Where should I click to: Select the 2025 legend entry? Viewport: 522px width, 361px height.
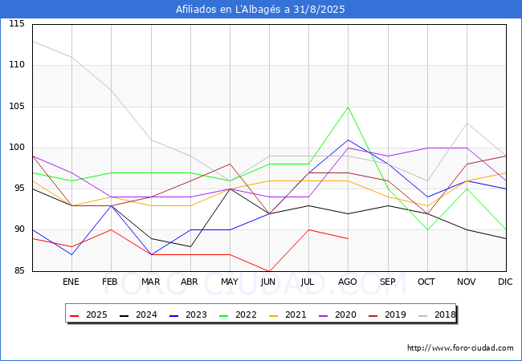[x=88, y=314]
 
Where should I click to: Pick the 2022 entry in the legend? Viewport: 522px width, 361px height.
[x=238, y=314]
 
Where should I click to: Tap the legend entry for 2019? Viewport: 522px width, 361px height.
[x=388, y=314]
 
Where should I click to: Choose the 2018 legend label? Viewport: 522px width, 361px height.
[x=437, y=314]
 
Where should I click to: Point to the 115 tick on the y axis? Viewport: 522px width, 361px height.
[x=17, y=23]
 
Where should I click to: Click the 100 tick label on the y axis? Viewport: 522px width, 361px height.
[x=17, y=148]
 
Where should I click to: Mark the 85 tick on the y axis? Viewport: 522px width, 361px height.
[x=19, y=270]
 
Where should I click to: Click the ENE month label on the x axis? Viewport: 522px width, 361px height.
[x=71, y=282]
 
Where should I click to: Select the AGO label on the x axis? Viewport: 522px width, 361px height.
[x=348, y=282]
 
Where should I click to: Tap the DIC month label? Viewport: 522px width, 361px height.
[x=505, y=282]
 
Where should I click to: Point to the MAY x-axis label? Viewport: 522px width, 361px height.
[x=230, y=282]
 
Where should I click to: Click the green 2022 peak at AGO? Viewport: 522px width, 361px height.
[x=349, y=107]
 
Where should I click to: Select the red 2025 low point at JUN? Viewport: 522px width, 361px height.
[x=269, y=271]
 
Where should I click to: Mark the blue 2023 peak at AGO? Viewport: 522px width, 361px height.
[x=349, y=140]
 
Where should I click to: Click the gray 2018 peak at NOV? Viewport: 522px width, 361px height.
[x=467, y=124]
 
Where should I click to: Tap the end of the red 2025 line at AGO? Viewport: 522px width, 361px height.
[x=349, y=239]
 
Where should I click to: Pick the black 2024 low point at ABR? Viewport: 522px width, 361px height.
[x=190, y=246]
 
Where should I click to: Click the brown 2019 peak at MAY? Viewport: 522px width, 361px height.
[x=230, y=164]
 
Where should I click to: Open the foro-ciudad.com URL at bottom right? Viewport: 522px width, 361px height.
[x=460, y=348]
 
